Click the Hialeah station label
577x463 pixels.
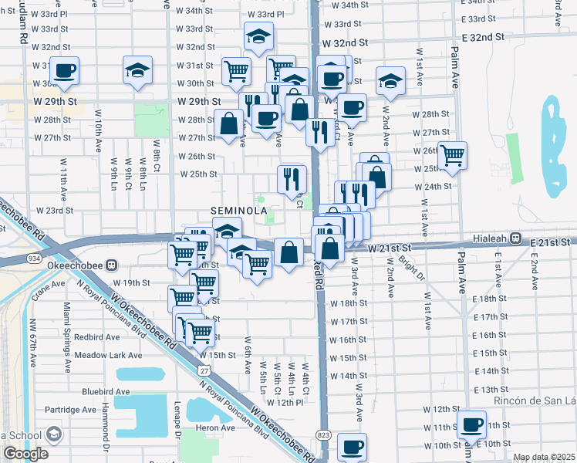point(491,238)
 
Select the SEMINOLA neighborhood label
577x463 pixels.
point(238,211)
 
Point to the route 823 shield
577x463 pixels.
point(323,435)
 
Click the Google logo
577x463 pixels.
point(25,454)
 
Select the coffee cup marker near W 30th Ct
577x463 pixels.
point(65,72)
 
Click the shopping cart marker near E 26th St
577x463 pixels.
point(452,155)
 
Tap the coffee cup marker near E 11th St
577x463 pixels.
point(471,424)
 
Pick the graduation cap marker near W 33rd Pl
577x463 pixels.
point(259,35)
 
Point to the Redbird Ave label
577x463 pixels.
point(97,337)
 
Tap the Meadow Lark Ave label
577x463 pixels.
point(109,356)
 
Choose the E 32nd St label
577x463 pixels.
point(483,36)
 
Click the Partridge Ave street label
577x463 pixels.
point(70,409)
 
